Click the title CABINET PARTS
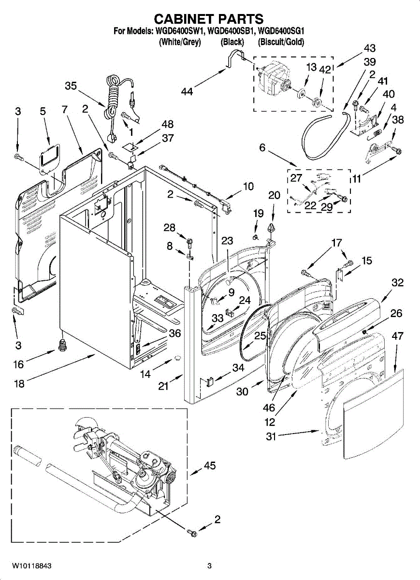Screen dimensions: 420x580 coord(209,19)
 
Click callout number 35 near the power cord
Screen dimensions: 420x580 coord(71,86)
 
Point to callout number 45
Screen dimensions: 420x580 coord(210,465)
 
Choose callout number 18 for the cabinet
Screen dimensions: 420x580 coord(19,383)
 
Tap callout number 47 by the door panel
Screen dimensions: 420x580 coord(397,336)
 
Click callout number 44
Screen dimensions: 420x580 coord(187,91)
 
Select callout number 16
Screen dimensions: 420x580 coord(19,364)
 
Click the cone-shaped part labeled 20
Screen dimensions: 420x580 coord(271,227)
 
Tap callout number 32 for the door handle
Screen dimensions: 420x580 coord(398,282)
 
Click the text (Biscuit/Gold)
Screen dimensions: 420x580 coord(281,42)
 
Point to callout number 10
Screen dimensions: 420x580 coord(248,186)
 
